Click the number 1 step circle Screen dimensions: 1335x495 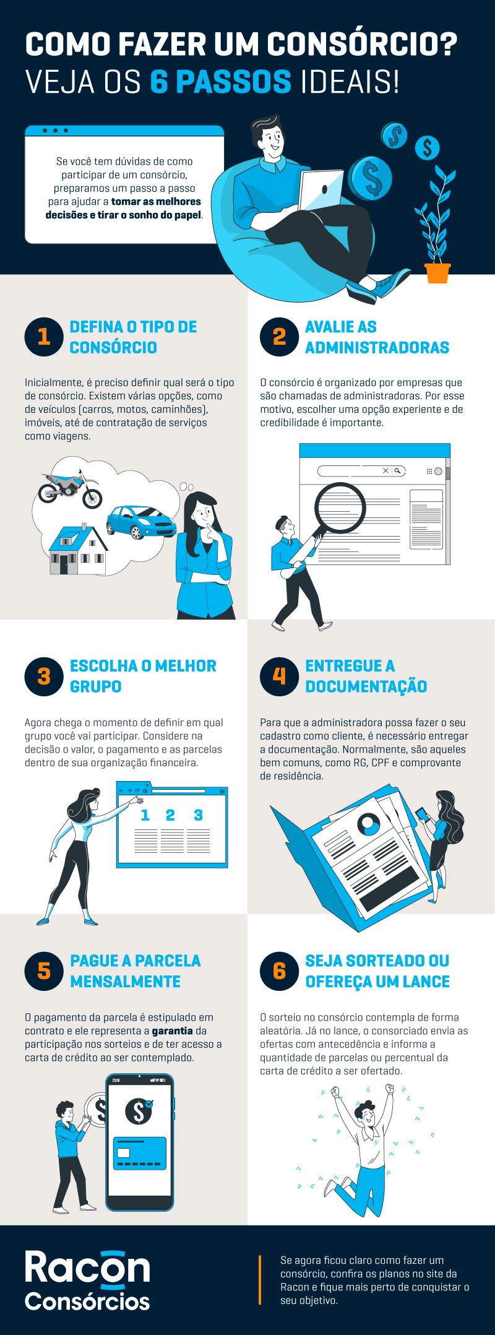click(x=44, y=337)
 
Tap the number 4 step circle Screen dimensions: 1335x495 click(x=279, y=676)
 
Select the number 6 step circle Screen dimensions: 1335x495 click(x=279, y=970)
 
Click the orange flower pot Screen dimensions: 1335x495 click(x=437, y=273)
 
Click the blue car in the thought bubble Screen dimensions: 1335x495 click(x=140, y=521)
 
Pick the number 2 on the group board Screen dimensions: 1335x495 click(x=170, y=815)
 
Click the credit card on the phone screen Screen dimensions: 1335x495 click(x=139, y=1153)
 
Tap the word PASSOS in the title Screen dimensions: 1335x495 click(x=221, y=82)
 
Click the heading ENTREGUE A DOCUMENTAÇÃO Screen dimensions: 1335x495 click(x=365, y=676)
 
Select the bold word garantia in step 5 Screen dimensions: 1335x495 click(x=172, y=1030)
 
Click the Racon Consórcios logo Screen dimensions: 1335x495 click(x=87, y=1280)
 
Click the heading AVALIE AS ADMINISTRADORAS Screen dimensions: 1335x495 click(x=376, y=337)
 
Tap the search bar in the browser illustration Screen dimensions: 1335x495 click(x=361, y=471)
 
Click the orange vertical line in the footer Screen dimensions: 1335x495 click(x=260, y=1280)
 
